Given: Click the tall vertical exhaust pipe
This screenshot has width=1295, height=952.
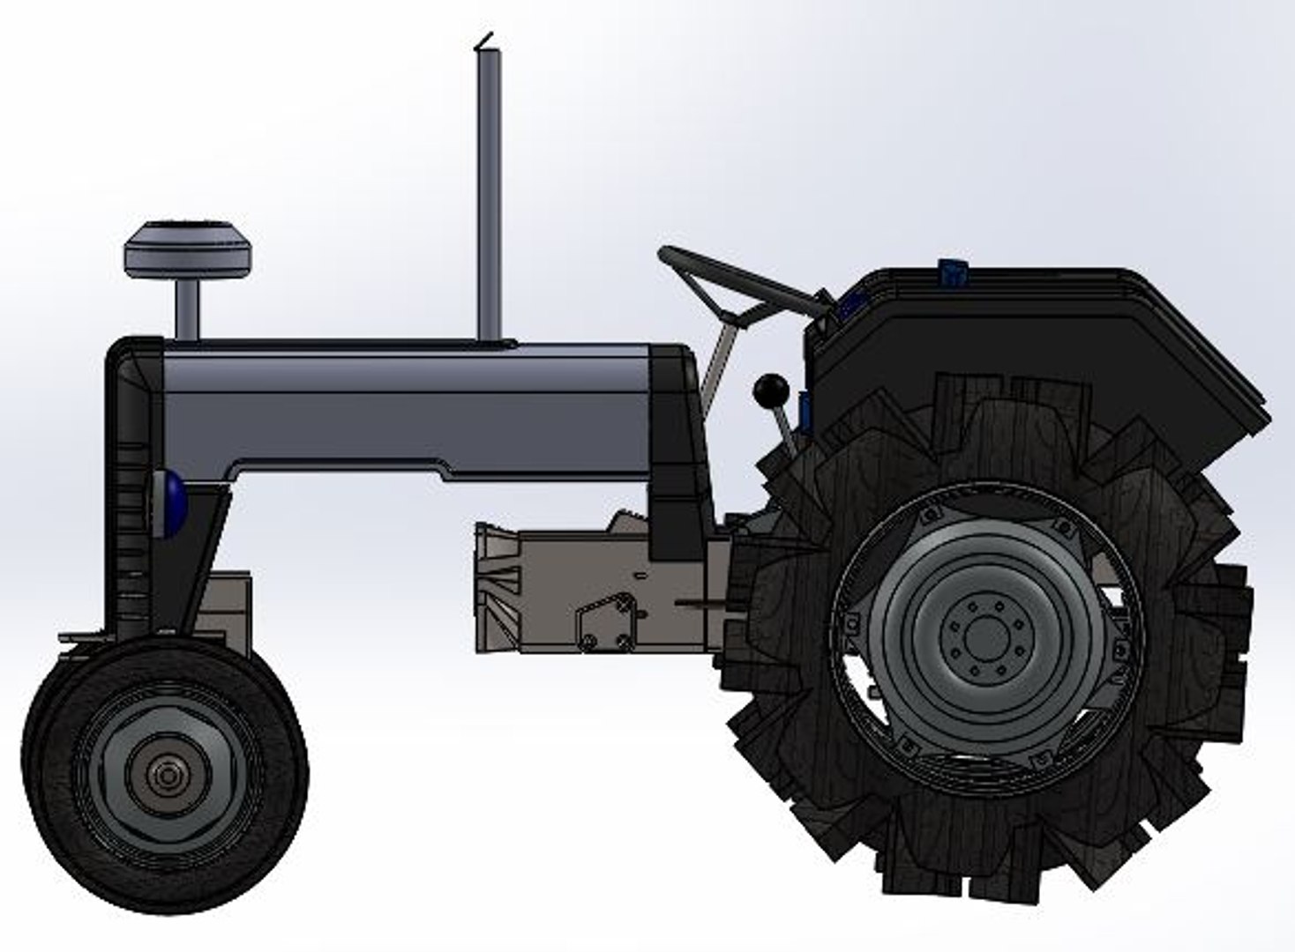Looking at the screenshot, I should [x=489, y=194].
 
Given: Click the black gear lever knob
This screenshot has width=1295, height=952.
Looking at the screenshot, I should [x=770, y=389].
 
